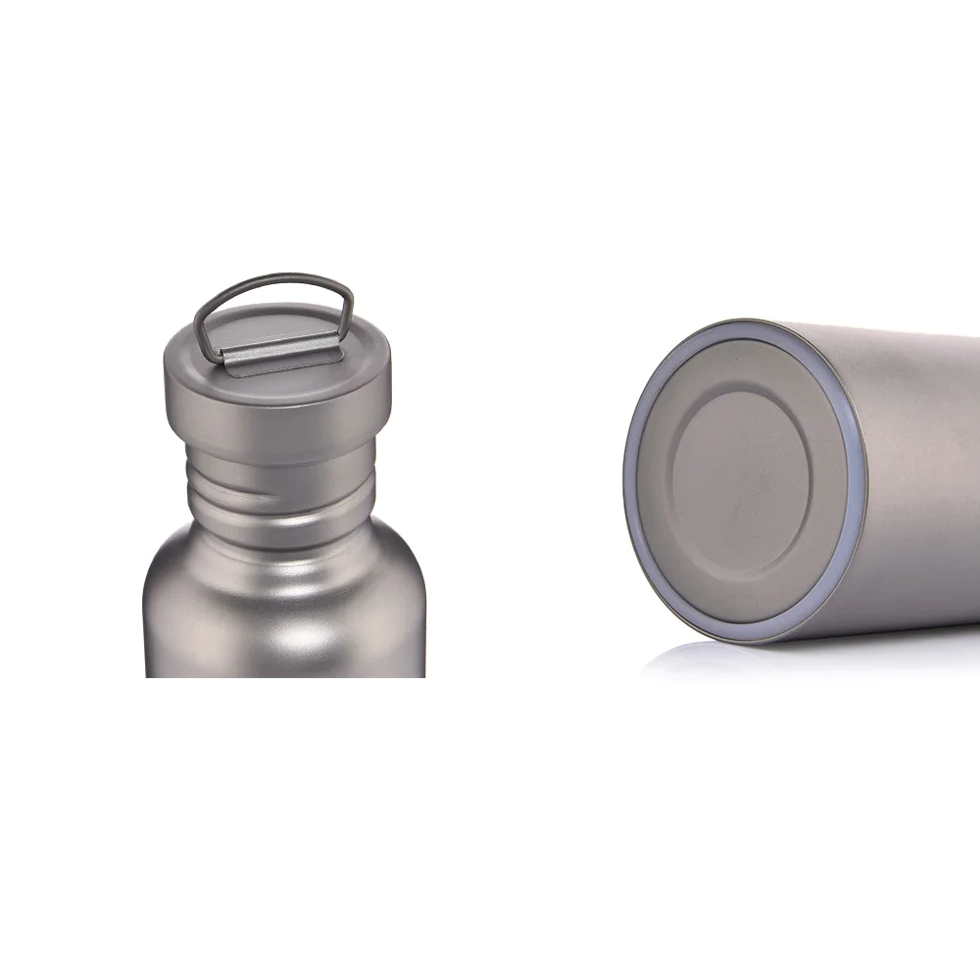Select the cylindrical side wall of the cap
(278, 402)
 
